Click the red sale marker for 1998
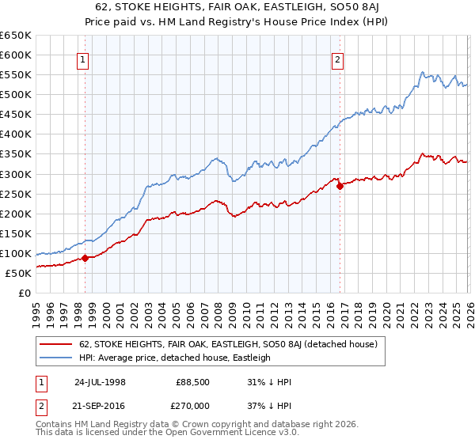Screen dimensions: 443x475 click(x=85, y=258)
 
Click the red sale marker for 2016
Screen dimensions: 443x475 click(x=340, y=186)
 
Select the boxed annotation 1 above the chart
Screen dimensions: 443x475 click(x=83, y=58)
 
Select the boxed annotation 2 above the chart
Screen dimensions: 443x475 click(x=338, y=58)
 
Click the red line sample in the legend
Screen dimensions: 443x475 click(x=56, y=344)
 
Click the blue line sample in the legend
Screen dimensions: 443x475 click(x=56, y=358)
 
